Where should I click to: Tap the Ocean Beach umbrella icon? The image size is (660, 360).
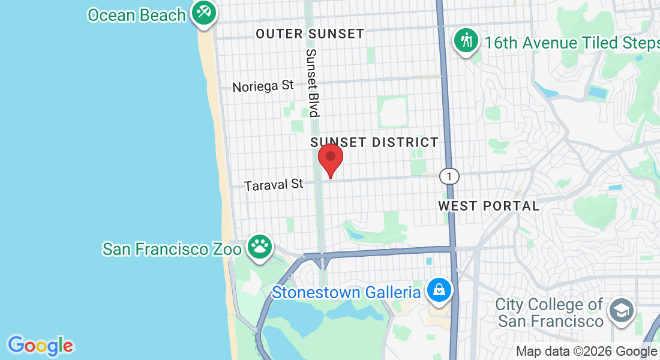click(204, 12)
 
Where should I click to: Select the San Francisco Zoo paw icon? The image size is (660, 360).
click(259, 246)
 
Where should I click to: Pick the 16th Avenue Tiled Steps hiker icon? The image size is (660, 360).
click(466, 41)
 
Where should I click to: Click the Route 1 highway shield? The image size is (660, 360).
click(449, 176)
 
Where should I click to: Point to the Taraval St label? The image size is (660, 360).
click(274, 184)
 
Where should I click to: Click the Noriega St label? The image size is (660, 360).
click(263, 86)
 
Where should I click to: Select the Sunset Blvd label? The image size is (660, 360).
click(312, 82)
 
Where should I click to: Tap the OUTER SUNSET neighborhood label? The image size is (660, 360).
click(310, 34)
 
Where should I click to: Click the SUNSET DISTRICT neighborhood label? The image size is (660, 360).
click(374, 142)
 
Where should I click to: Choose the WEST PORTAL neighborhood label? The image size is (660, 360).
click(488, 206)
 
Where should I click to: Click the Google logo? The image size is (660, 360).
click(40, 346)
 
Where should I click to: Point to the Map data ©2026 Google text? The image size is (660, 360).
click(586, 352)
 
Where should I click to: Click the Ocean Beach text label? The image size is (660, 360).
click(136, 15)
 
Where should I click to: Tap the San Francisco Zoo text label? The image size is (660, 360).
click(172, 248)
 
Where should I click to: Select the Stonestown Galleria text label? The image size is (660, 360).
click(346, 293)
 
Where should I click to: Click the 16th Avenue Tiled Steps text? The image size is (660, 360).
click(572, 43)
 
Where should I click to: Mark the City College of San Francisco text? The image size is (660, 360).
click(550, 313)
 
